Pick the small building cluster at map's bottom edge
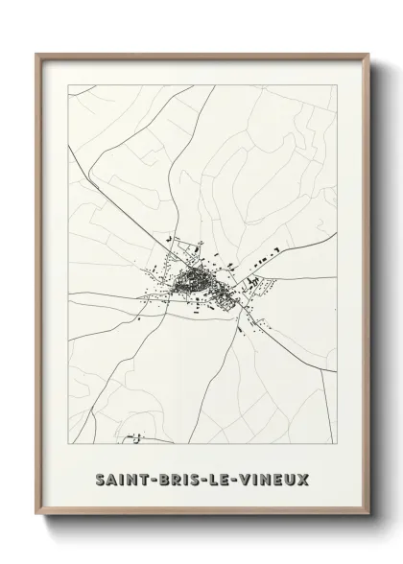(137, 437)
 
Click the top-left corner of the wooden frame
(37, 55)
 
